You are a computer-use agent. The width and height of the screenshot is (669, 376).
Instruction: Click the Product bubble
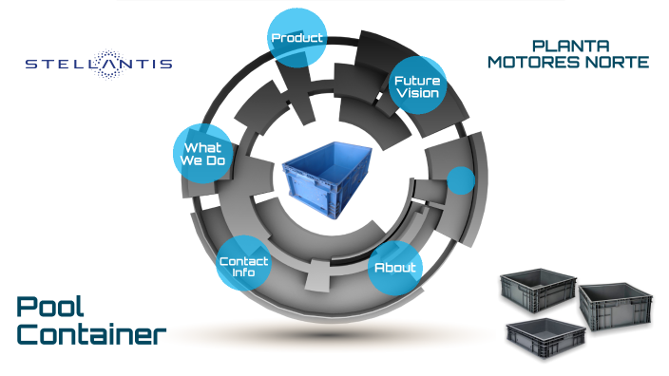297,38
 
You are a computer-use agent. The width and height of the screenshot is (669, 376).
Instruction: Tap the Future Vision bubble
417,87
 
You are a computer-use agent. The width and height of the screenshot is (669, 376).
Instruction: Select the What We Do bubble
201,154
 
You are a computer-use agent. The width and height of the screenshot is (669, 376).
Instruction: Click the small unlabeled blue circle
461,180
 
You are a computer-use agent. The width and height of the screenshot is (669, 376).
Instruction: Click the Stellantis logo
98,64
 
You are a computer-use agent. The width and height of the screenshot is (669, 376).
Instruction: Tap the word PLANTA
570,46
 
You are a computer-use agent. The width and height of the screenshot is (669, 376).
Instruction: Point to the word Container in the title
91,334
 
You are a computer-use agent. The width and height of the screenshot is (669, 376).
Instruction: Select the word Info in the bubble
244,273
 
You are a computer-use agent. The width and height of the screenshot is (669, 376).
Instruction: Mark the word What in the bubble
202,147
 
